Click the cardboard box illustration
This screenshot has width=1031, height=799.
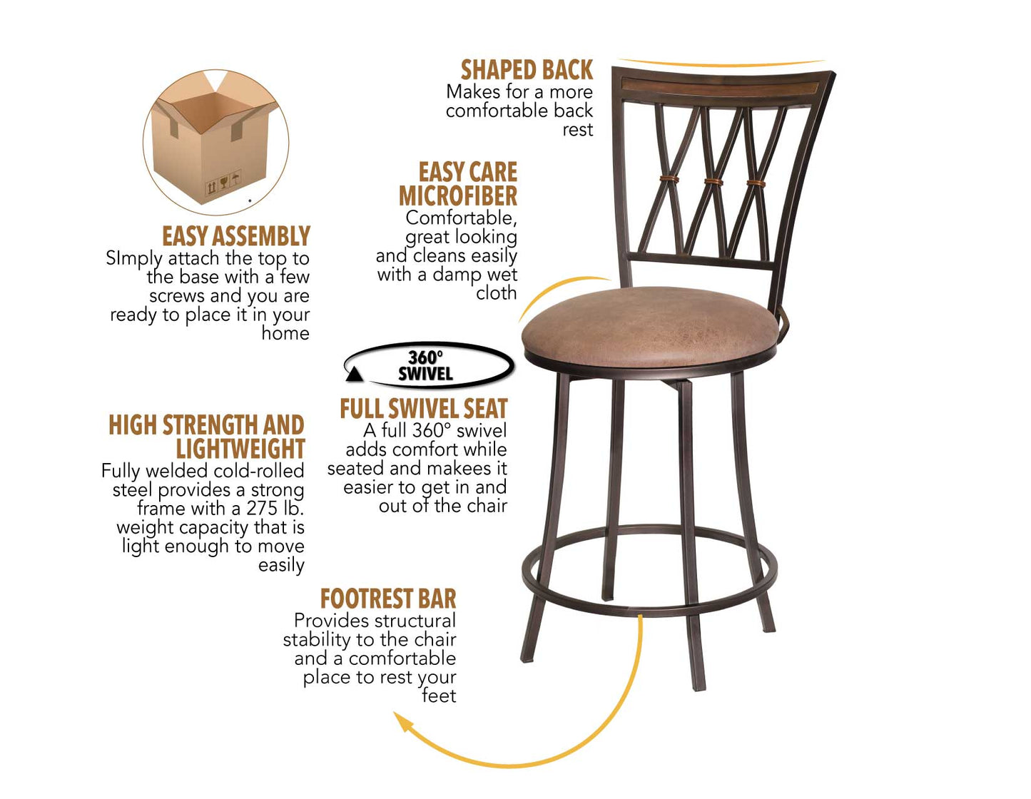[214, 143]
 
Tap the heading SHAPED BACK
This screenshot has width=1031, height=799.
[527, 70]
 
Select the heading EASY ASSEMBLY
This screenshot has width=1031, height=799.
[235, 236]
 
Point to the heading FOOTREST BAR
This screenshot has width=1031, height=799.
[388, 598]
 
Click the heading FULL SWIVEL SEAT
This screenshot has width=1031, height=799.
[424, 408]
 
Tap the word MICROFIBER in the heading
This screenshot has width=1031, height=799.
[458, 195]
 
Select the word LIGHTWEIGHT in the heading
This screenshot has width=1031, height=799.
[240, 449]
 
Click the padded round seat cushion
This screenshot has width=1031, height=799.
[649, 325]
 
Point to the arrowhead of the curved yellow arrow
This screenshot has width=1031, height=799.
[404, 722]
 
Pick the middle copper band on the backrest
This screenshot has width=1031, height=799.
[713, 181]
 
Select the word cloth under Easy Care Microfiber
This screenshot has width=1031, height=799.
[496, 292]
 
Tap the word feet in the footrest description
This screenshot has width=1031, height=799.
[439, 696]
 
